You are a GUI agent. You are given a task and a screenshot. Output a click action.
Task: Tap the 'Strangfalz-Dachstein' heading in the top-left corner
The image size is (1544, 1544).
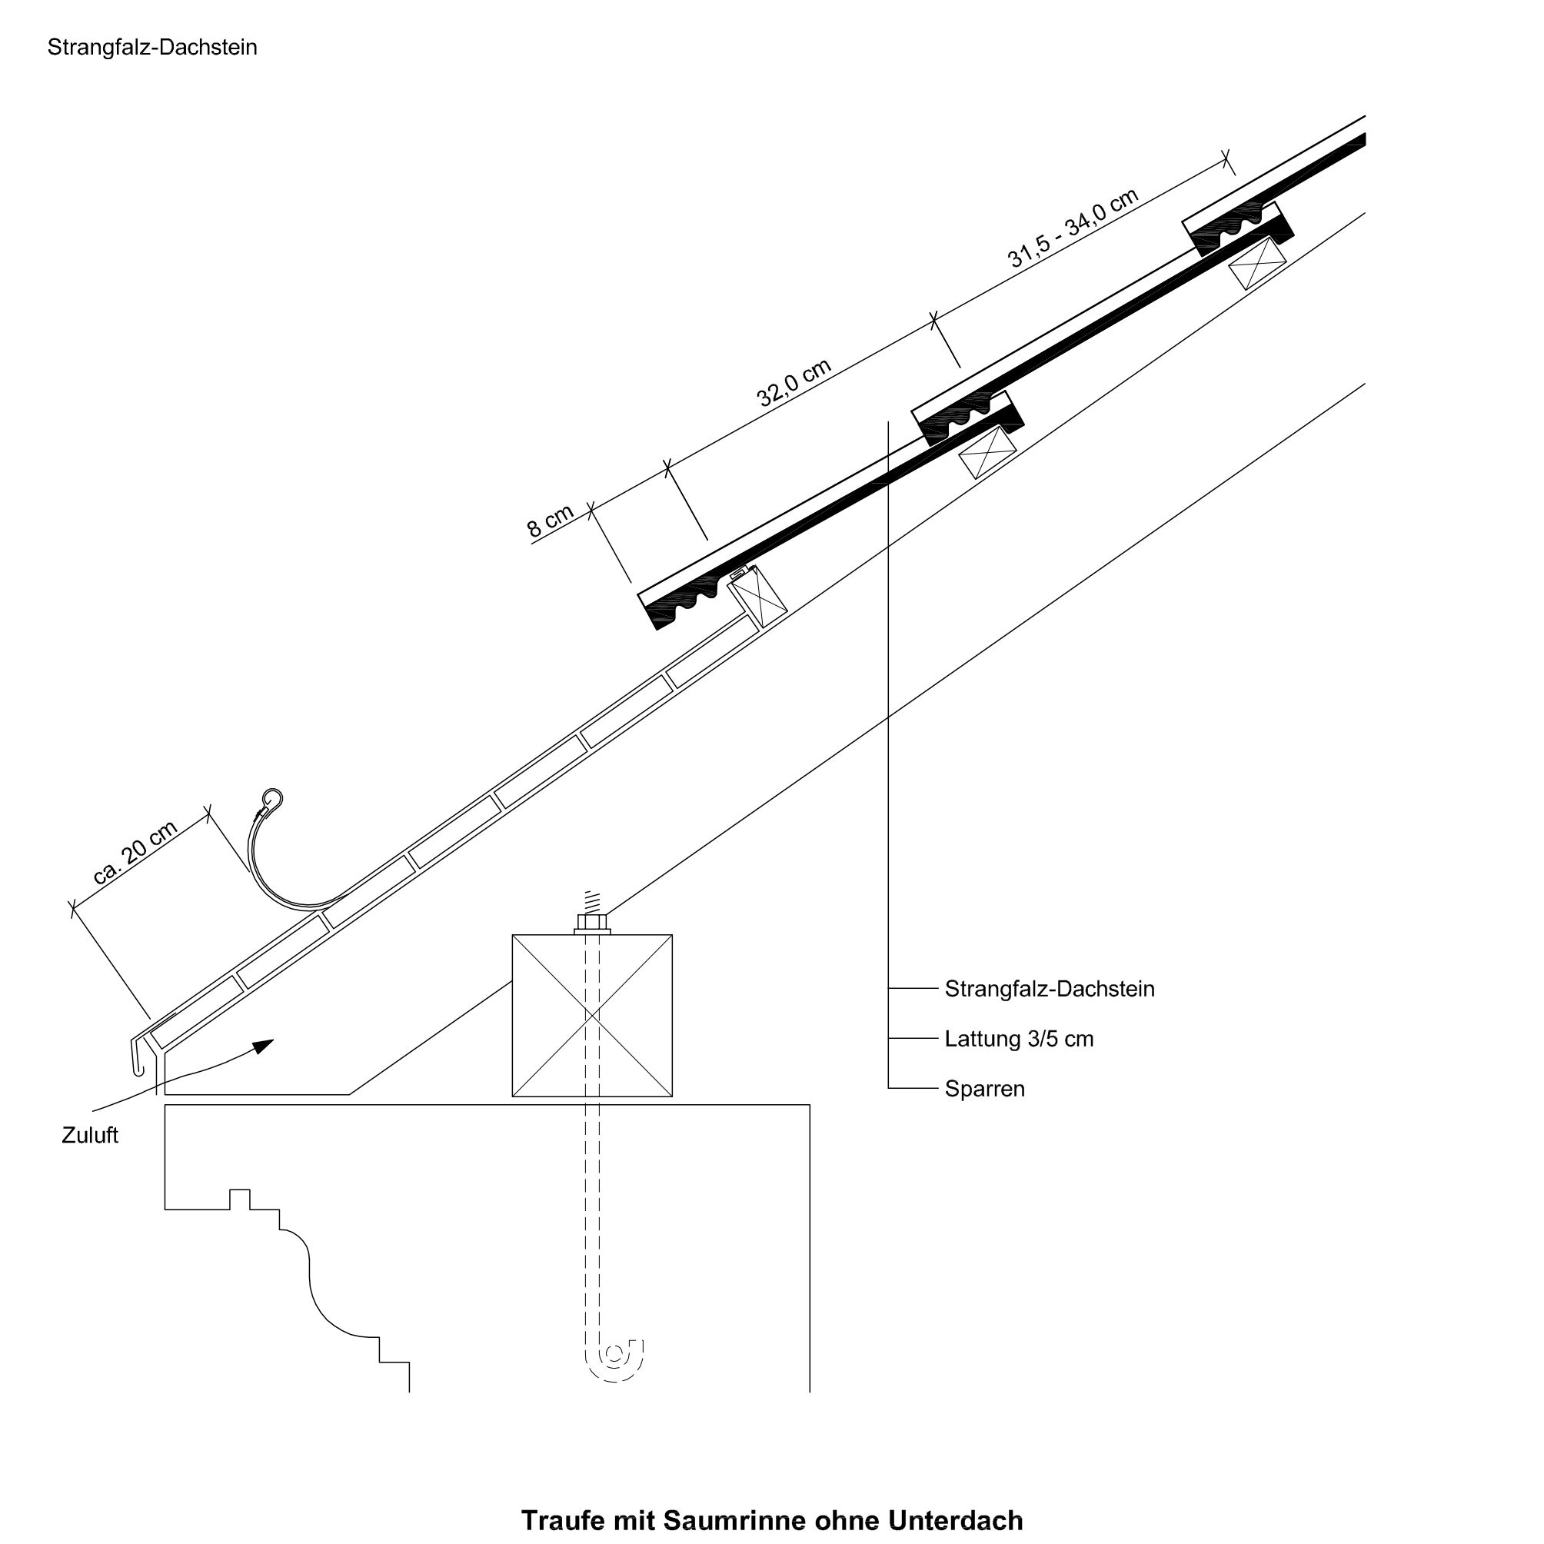click(x=151, y=47)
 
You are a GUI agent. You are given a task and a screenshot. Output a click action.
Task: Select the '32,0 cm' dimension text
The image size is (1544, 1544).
click(x=794, y=383)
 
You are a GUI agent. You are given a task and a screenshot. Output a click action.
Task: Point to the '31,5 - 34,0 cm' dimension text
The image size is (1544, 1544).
click(x=1073, y=228)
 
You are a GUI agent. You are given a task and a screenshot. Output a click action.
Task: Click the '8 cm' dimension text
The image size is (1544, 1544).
click(x=551, y=521)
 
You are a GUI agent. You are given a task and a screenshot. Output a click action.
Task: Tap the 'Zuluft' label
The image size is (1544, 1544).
click(x=89, y=1136)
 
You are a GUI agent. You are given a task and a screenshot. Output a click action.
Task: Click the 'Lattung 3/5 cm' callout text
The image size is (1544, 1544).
click(x=1018, y=1039)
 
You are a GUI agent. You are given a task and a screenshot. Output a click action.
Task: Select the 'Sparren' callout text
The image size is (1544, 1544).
click(x=983, y=1090)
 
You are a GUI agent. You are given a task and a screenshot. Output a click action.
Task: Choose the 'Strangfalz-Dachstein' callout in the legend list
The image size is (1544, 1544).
click(x=1049, y=990)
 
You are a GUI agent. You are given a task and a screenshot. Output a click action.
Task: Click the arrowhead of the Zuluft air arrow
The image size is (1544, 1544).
click(x=264, y=1046)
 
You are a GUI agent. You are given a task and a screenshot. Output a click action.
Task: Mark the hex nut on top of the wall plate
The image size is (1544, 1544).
click(x=592, y=922)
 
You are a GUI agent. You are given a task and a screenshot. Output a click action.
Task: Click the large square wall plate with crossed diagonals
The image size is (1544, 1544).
click(x=592, y=1016)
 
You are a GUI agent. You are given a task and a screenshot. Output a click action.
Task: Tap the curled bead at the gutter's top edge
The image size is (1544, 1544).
click(x=272, y=797)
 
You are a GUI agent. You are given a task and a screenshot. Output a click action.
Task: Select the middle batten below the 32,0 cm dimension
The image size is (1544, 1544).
click(x=987, y=452)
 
